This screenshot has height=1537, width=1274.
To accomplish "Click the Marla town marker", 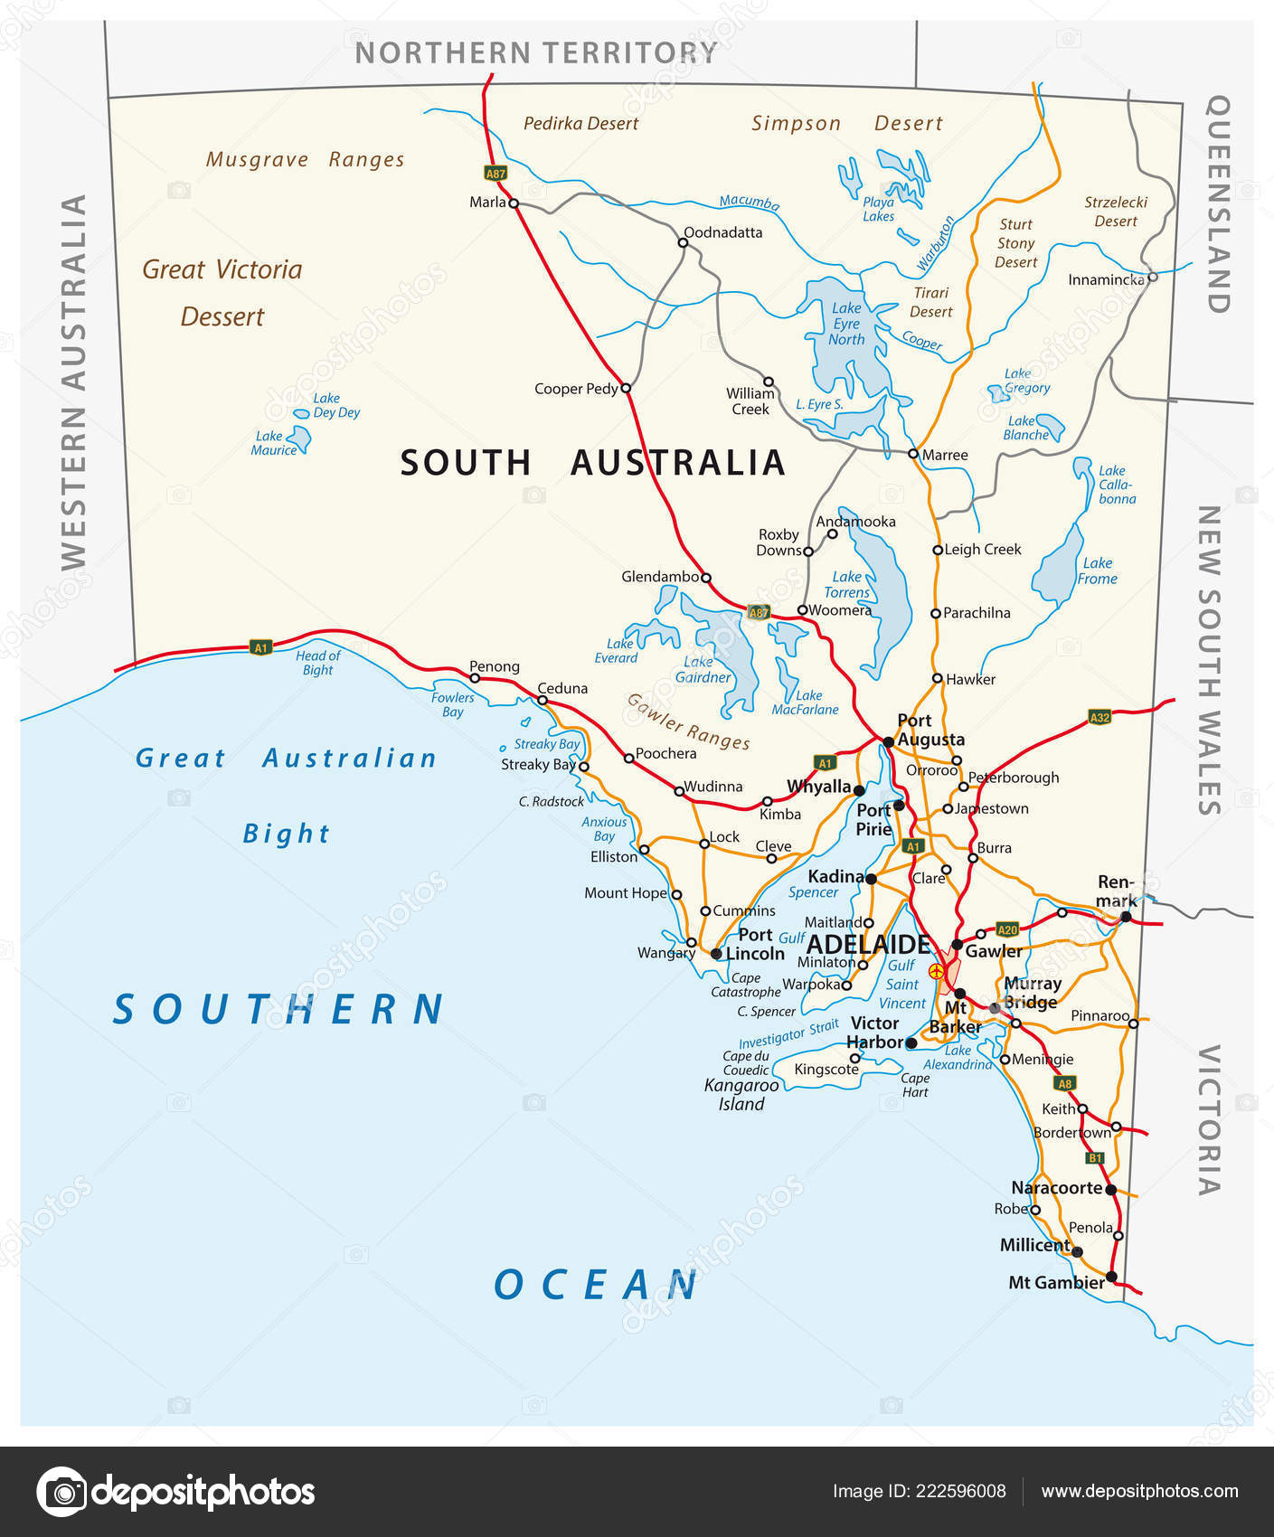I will [514, 203].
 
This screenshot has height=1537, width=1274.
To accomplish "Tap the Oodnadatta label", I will [722, 232].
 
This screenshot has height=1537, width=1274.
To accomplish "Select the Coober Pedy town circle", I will [625, 388].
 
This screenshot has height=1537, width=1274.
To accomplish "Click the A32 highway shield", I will [1099, 718].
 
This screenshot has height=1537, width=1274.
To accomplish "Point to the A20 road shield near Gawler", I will [1006, 929].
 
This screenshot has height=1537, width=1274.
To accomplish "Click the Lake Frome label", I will [1097, 570].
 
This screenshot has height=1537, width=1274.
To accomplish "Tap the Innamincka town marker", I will [1152, 278].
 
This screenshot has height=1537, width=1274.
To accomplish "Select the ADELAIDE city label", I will [867, 945].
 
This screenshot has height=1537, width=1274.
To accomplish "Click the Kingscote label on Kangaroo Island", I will [826, 1070].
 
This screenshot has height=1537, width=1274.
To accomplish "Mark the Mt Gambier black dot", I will [1111, 1278].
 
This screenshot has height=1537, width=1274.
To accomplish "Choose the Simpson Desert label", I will [846, 124].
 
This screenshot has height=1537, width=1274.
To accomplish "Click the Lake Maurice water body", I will [299, 439].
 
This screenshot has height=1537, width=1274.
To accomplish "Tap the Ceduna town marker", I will [542, 700].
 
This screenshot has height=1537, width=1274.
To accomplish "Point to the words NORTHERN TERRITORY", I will [536, 53].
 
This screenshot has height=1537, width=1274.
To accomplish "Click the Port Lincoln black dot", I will [716, 953].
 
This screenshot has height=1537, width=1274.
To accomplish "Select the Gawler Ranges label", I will [688, 721].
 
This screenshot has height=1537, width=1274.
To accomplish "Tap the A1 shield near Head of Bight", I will [260, 647].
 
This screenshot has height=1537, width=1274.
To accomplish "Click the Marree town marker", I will [913, 454].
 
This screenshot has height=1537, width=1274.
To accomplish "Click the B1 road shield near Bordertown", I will [1095, 1157].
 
